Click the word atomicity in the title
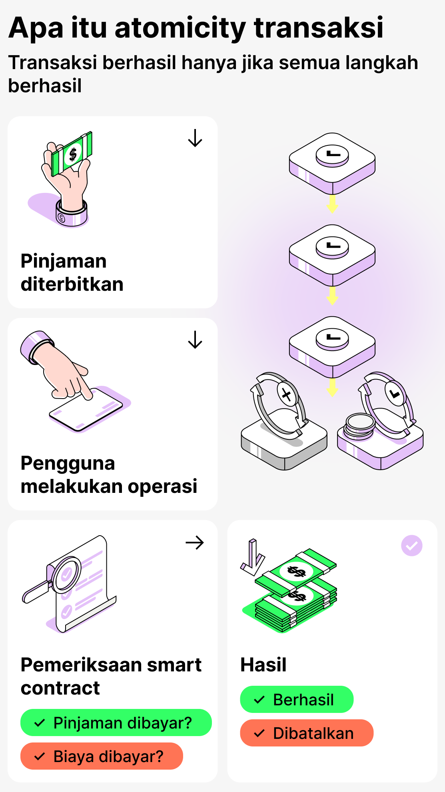point(180,28)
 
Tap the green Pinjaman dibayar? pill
point(116,723)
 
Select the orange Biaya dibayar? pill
point(102,756)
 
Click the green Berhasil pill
point(297,699)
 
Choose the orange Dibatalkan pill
point(307,733)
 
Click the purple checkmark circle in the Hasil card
point(411,546)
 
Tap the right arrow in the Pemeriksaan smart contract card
point(195,542)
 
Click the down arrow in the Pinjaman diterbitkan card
point(195,138)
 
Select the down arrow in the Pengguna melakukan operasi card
point(195,340)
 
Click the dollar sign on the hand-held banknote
point(73,154)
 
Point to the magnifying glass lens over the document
point(66,574)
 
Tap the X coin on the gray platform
point(287,395)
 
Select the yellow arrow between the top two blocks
point(332,204)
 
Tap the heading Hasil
point(263,665)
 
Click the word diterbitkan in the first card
point(72,284)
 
